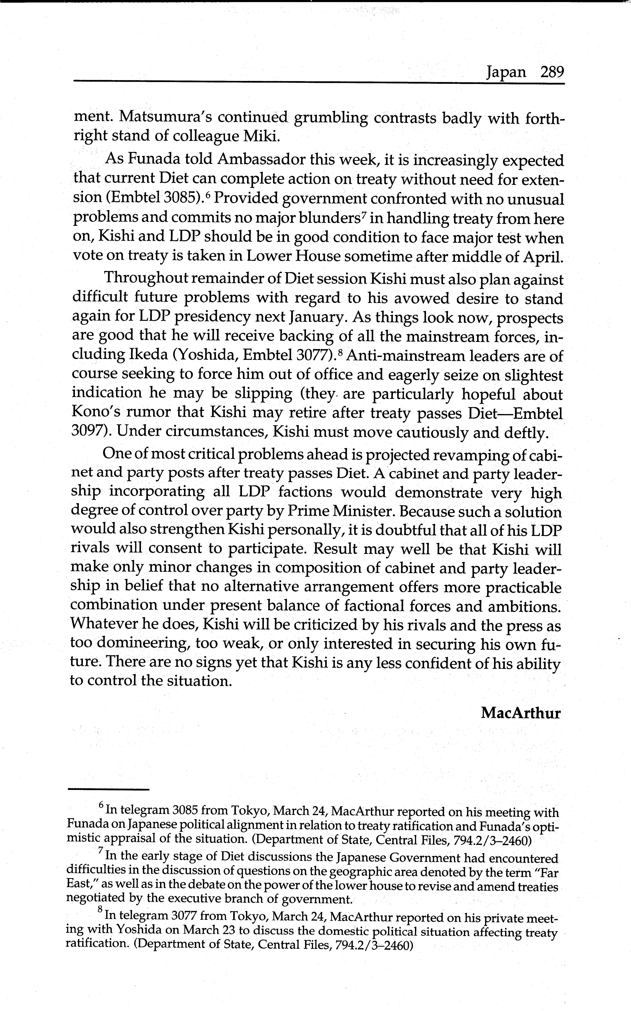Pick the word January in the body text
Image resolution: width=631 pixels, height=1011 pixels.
[x=317, y=318]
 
